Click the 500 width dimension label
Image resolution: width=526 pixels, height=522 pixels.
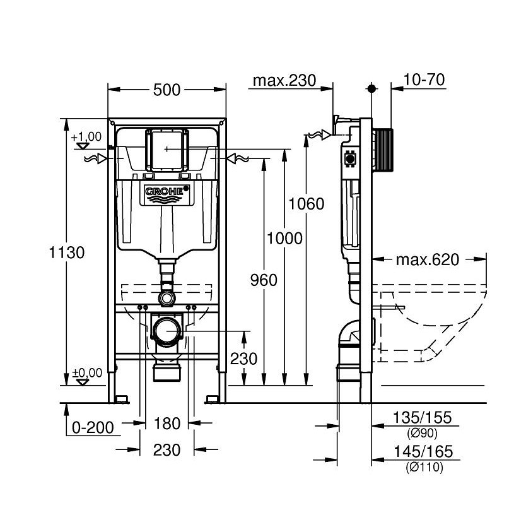point(167,90)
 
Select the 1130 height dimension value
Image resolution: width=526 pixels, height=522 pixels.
point(67,252)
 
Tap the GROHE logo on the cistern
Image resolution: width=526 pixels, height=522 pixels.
point(167,191)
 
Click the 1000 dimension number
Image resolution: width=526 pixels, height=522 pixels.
point(284,238)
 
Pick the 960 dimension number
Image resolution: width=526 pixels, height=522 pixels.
point(264,280)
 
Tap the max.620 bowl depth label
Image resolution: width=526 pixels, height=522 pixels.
point(428,259)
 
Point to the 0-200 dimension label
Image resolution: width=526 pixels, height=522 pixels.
point(92,427)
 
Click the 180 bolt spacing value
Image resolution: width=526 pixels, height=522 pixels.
point(167,423)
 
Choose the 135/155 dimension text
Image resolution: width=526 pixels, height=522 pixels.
point(423,418)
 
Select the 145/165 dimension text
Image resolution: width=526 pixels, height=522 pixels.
point(423,452)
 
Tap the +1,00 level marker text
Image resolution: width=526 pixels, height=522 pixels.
point(86,136)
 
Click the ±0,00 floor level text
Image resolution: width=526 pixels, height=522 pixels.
point(86,373)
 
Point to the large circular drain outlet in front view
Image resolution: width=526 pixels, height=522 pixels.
point(167,330)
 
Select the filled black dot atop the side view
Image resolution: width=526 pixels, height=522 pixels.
point(372,89)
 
